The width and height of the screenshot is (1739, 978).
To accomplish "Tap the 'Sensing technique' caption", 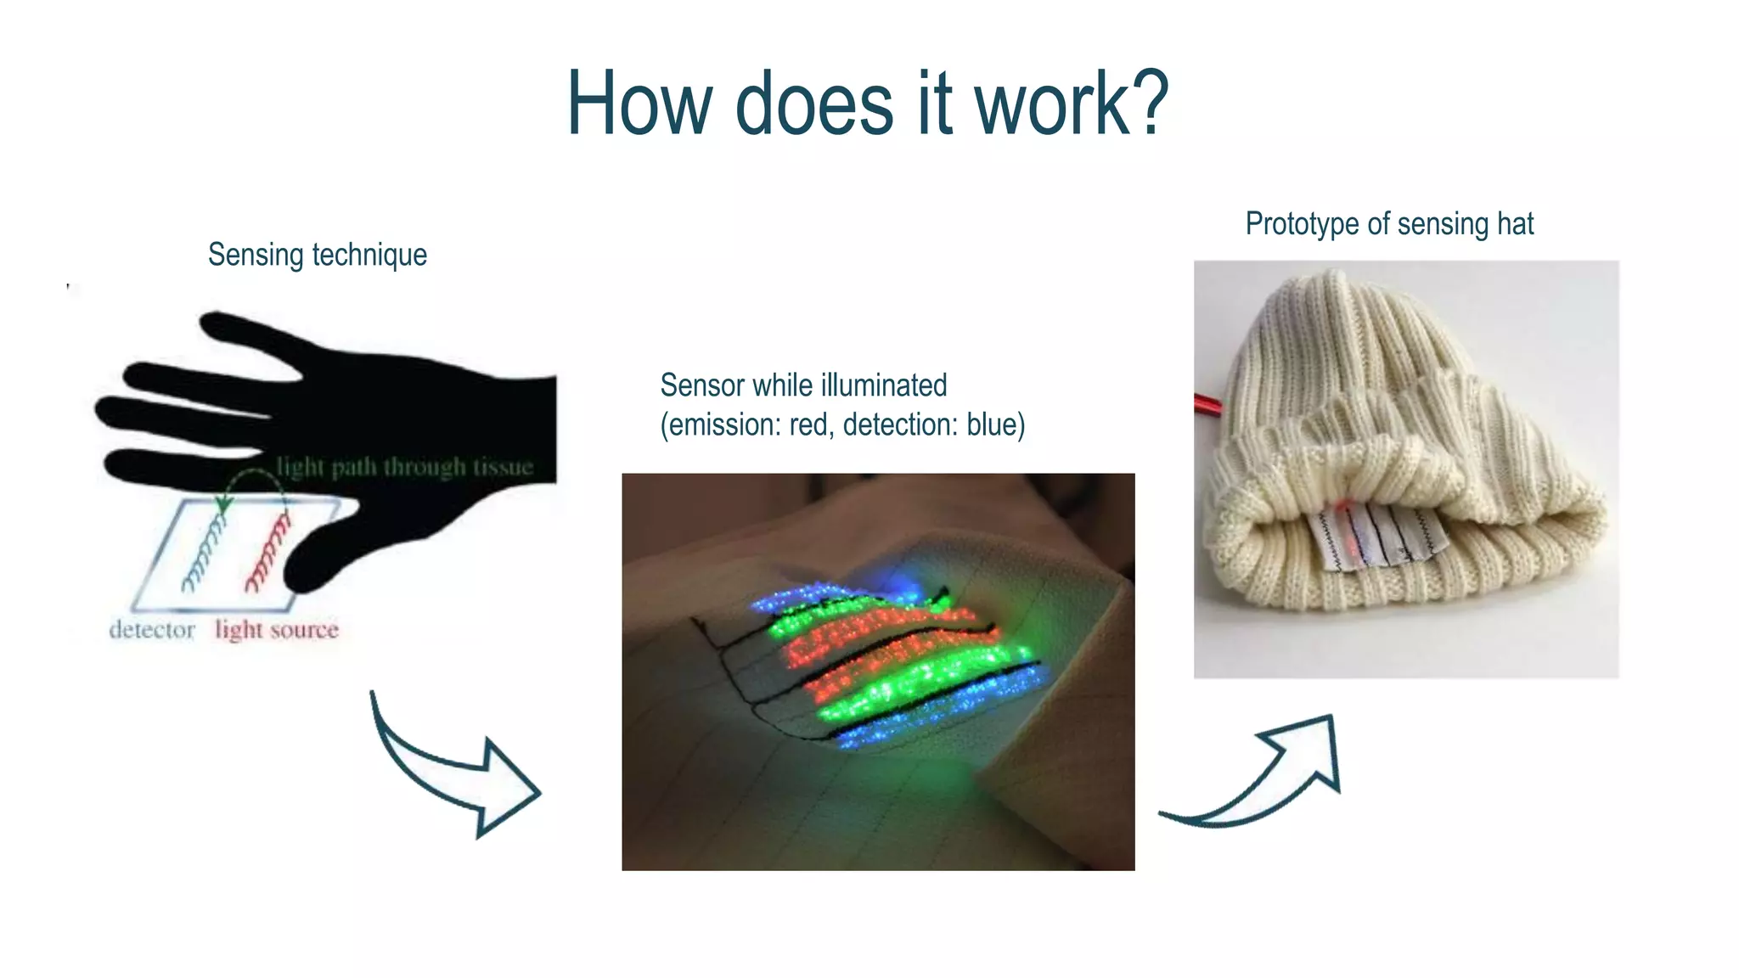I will tap(318, 255).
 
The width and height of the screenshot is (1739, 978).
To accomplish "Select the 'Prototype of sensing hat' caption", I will tap(1389, 224).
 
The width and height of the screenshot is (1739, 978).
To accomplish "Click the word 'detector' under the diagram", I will tap(152, 630).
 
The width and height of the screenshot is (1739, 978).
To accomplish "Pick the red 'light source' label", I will tap(277, 630).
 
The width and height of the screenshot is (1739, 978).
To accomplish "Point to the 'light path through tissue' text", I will tap(404, 467).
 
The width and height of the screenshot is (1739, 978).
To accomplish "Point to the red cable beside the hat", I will tap(1207, 404).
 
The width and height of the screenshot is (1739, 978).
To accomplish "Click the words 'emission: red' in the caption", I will tap(747, 424).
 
